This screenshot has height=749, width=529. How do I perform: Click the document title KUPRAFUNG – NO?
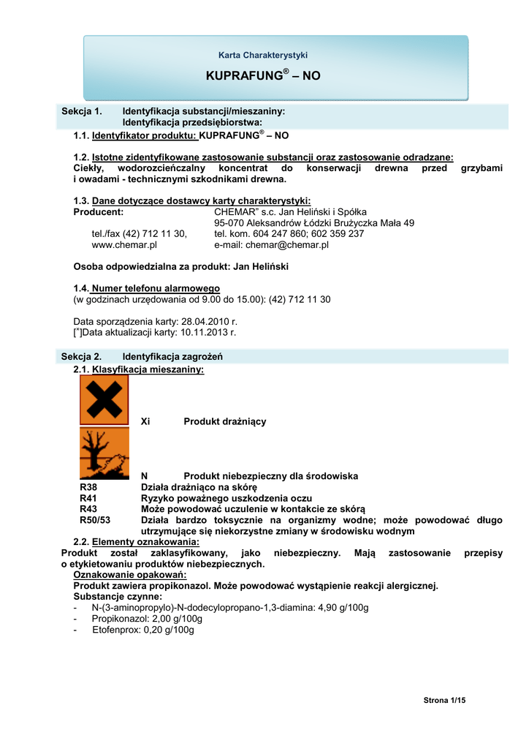click(x=263, y=75)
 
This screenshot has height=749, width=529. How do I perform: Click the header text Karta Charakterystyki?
click(x=263, y=55)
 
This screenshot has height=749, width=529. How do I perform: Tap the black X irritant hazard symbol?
click(x=104, y=399)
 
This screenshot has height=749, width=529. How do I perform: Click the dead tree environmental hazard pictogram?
click(x=104, y=453)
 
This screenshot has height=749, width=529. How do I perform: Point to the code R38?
click(x=88, y=487)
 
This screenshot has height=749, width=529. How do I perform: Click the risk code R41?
click(x=88, y=498)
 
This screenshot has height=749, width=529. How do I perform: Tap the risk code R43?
click(x=88, y=509)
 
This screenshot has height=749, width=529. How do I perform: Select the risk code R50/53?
click(x=95, y=520)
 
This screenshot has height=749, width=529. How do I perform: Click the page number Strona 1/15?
click(x=444, y=701)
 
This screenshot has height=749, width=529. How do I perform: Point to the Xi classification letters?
click(x=145, y=421)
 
